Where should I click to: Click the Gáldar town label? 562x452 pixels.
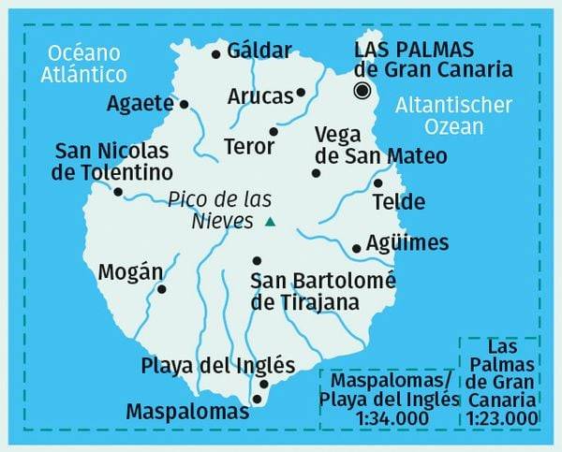[x=259, y=51]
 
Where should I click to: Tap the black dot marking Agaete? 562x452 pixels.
[x=184, y=104]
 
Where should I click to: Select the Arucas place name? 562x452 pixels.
[x=259, y=96]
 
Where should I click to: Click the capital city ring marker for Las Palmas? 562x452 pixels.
[x=362, y=90]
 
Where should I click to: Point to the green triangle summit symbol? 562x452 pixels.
[x=271, y=222]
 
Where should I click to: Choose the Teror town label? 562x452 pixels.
[x=249, y=146]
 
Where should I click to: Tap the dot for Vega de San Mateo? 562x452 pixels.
[x=316, y=172]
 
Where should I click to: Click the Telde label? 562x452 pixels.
[x=398, y=201]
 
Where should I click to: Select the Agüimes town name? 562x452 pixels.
[x=407, y=243]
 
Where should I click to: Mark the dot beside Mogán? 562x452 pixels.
[x=162, y=289]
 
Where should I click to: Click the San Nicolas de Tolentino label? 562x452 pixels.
[x=114, y=162]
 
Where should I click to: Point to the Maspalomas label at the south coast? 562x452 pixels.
[x=187, y=411]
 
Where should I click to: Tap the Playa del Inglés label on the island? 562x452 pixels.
[x=217, y=365]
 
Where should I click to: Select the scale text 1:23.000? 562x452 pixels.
[x=501, y=418]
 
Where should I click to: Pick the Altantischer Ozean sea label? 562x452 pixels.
[x=452, y=115]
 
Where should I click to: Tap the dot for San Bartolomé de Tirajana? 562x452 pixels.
[x=257, y=261]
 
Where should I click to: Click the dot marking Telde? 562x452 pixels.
[x=377, y=183]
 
